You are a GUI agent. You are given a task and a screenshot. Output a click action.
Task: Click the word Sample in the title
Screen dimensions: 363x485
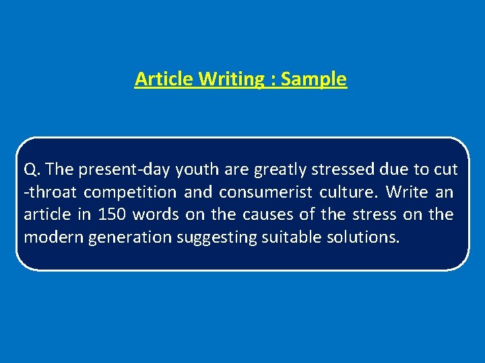point(313,79)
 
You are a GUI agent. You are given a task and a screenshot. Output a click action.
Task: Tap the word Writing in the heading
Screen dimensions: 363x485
point(232,79)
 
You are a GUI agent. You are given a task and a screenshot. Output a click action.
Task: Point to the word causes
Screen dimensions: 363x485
point(287,214)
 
